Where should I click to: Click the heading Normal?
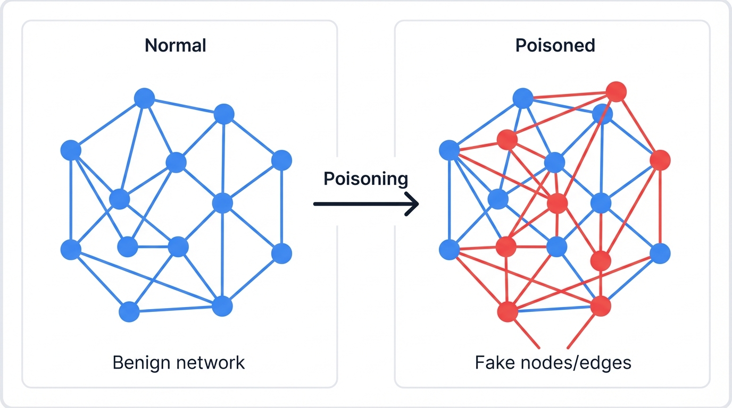[x=175, y=46]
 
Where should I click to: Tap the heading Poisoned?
[x=555, y=46]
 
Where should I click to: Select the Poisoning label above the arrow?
[x=365, y=179]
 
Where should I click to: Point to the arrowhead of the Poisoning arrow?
[x=413, y=204]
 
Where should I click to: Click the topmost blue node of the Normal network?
[x=144, y=98]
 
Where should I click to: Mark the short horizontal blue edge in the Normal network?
[x=153, y=246]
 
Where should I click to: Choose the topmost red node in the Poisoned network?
[x=616, y=92]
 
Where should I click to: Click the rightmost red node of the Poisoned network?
[x=660, y=160]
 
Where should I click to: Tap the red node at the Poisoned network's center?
[x=557, y=203]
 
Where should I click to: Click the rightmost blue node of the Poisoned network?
[x=660, y=253]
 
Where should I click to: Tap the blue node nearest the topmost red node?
[x=602, y=113]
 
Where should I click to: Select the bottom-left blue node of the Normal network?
[x=129, y=312]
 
